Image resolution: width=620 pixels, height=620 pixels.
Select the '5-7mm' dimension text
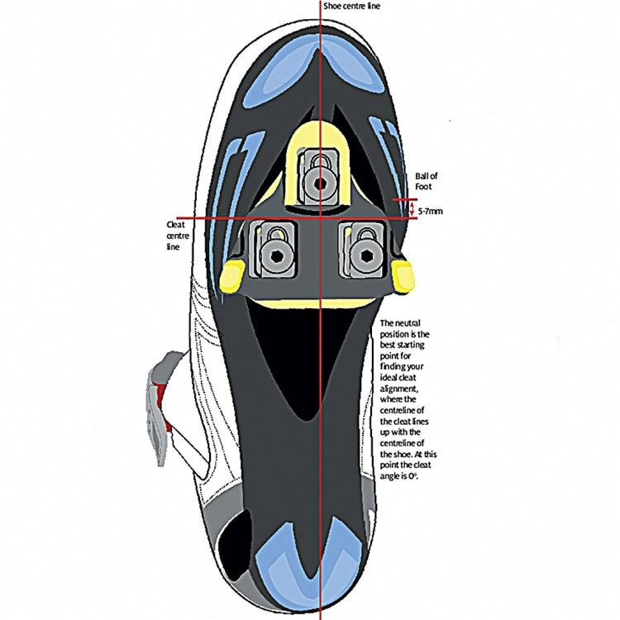tap(431, 212)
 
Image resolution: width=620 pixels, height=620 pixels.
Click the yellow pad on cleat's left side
tap(232, 275)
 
